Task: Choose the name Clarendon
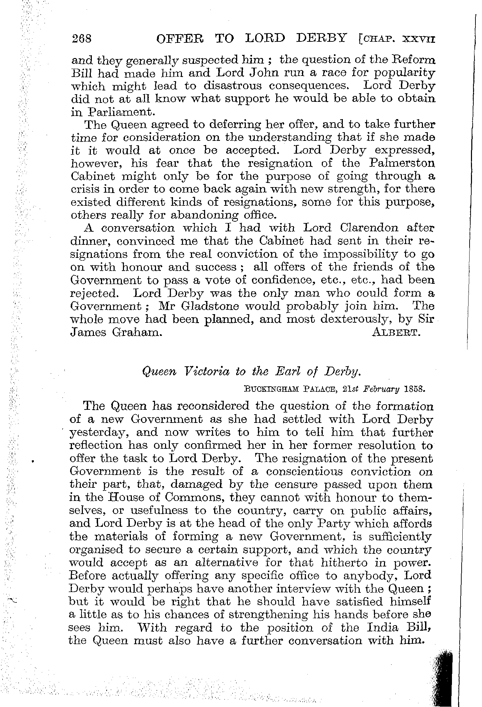pos(370,228)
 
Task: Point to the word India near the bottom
pos(388,628)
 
